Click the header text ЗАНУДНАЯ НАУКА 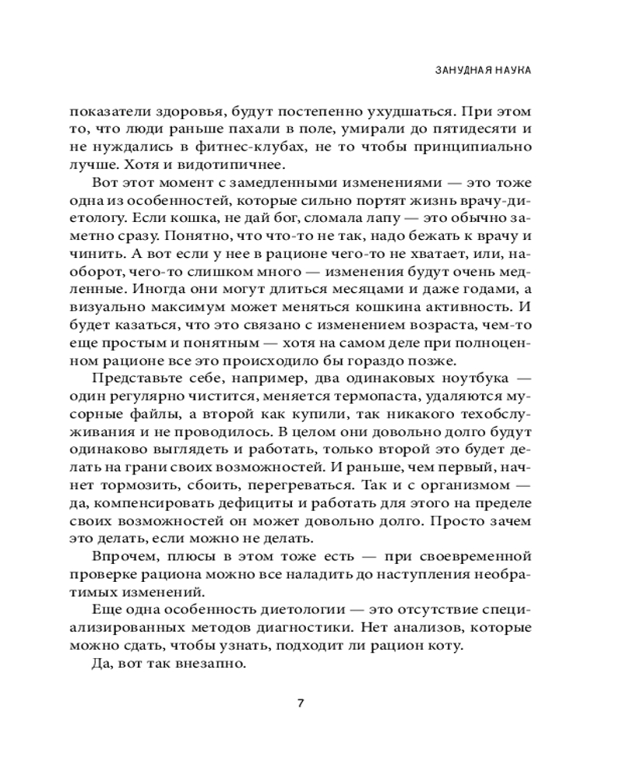point(483,70)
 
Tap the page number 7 point(301,703)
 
